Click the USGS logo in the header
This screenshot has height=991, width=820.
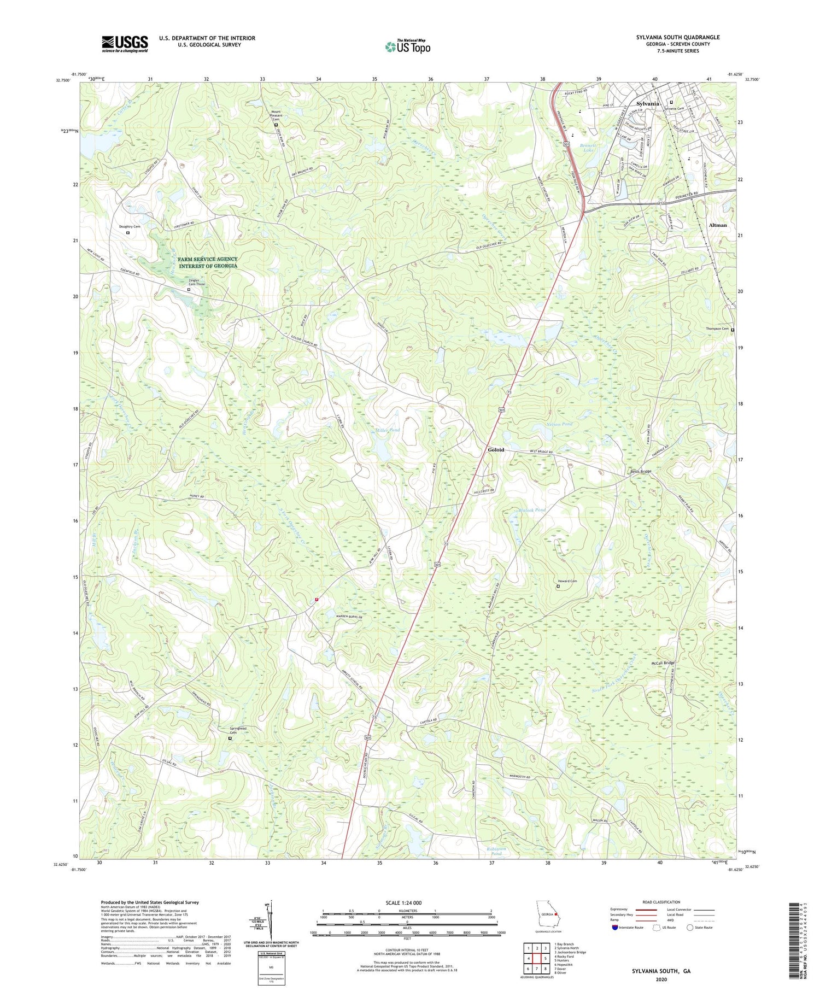(125, 44)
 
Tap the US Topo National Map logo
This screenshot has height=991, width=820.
(407, 47)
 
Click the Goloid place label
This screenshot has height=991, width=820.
(496, 450)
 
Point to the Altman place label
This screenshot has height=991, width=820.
(718, 225)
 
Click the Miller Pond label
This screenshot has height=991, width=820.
(388, 430)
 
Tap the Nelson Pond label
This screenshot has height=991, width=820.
(559, 424)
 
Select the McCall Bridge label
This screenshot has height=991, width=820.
(663, 663)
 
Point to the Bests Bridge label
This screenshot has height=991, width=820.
(640, 471)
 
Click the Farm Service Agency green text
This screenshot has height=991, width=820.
(207, 262)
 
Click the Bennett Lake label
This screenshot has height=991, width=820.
(588, 148)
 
